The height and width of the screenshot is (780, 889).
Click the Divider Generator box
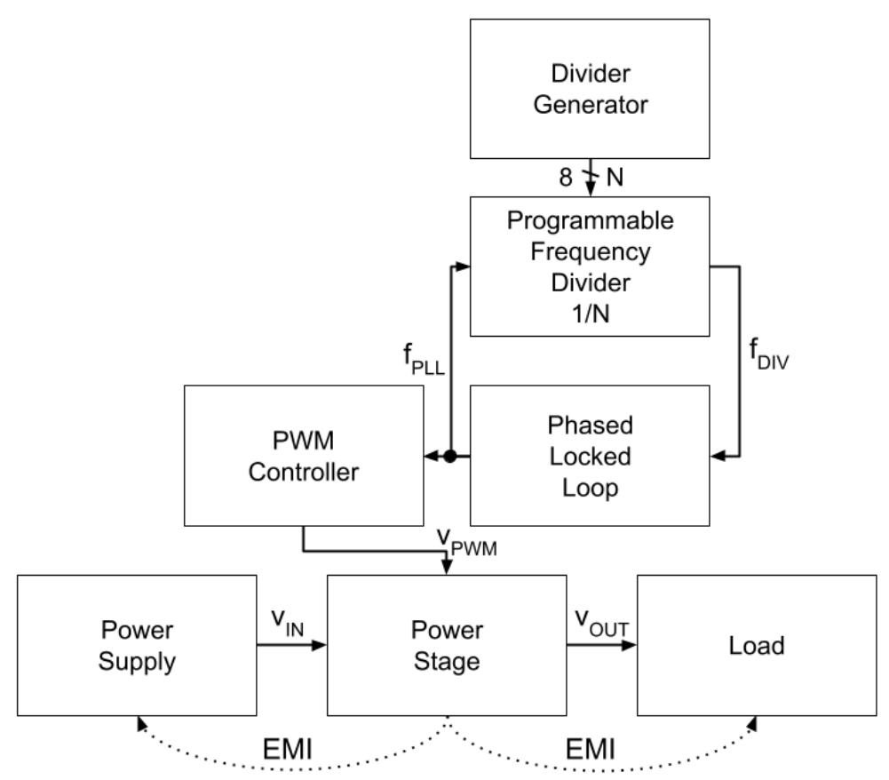tap(590, 88)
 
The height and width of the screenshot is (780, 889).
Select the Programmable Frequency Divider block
tap(590, 266)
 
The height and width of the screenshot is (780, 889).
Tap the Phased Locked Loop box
tap(590, 455)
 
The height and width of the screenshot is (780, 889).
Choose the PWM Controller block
tap(303, 455)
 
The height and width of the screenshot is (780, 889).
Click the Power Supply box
tap(136, 644)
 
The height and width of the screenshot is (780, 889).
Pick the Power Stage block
tap(447, 644)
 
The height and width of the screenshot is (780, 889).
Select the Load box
tap(757, 644)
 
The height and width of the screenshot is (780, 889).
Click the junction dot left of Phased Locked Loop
tap(450, 456)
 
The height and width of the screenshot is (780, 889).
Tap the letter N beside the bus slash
tap(614, 178)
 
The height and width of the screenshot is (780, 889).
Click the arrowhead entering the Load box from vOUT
tap(631, 646)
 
